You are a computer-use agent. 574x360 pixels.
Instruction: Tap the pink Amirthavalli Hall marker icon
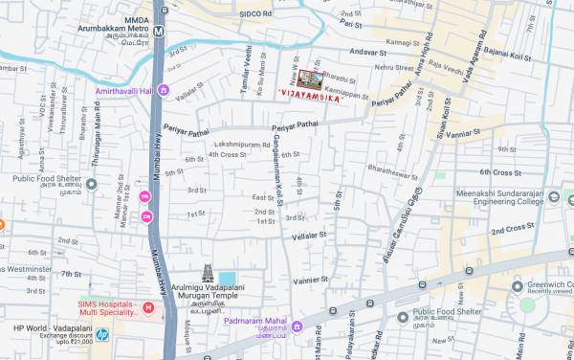pyautogui.click(x=164, y=91)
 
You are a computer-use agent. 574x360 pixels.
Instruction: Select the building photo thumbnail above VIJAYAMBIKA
pyautogui.click(x=309, y=79)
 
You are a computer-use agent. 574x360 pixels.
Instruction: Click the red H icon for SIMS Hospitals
pyautogui.click(x=148, y=307)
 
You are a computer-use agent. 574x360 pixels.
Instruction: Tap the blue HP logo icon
pyautogui.click(x=102, y=335)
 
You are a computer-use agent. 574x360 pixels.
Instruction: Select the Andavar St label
pyautogui.click(x=366, y=51)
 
